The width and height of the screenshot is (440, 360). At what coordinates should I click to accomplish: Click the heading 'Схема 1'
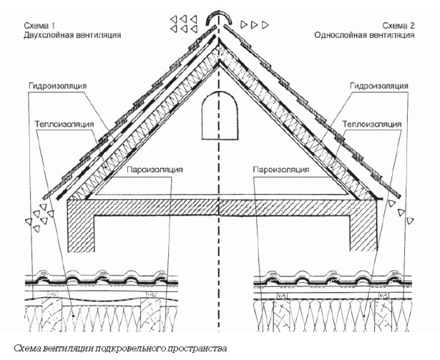(x=39, y=26)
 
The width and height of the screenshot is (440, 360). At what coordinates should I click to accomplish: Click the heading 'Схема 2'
(x=399, y=26)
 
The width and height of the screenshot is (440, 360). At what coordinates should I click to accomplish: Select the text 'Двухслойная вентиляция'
(x=72, y=35)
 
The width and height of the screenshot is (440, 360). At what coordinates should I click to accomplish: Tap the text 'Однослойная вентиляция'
(x=364, y=35)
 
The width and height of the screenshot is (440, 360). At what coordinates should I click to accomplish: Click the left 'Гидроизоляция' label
(x=57, y=86)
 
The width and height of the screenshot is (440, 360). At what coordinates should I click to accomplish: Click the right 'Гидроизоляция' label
(x=378, y=86)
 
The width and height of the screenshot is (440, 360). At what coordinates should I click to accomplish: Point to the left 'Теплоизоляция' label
(x=64, y=124)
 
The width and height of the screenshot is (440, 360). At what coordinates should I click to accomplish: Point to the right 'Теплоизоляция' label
(x=372, y=124)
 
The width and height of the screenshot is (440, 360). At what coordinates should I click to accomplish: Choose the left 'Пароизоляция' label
(x=155, y=170)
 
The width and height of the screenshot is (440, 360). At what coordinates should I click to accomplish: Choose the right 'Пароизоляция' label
(x=281, y=170)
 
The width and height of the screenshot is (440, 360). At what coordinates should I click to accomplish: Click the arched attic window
(x=220, y=115)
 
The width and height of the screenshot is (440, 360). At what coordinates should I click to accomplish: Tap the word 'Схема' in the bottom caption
(x=27, y=349)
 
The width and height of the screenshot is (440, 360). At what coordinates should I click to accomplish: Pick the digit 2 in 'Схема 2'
(x=412, y=26)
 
